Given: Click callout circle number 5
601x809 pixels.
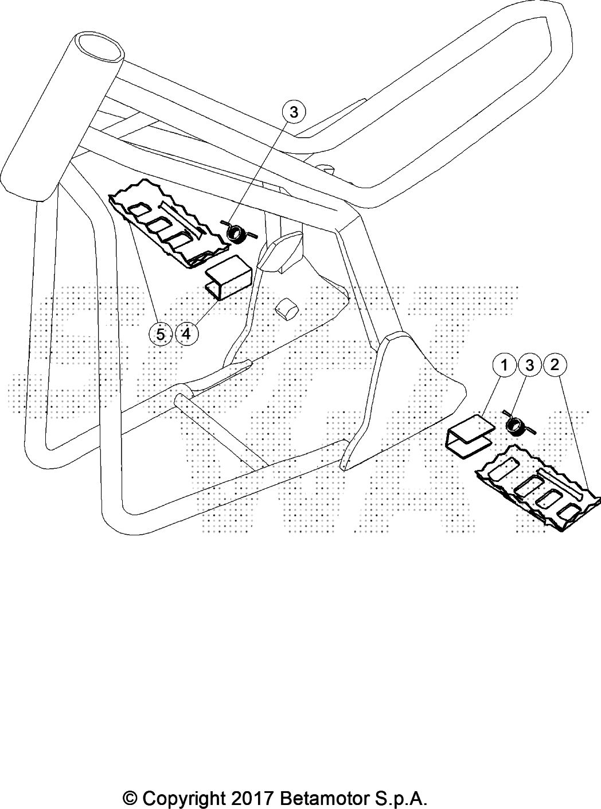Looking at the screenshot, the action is (161, 333).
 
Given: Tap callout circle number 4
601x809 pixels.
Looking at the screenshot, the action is (186, 333).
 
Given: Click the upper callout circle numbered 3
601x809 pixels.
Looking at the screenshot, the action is (294, 112).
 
